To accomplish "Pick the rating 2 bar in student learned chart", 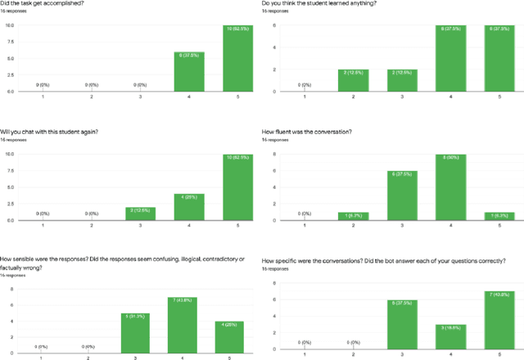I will coord(352,80).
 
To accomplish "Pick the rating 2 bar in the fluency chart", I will coord(352,216).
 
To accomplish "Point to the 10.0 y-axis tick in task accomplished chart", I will coord(9,25).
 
